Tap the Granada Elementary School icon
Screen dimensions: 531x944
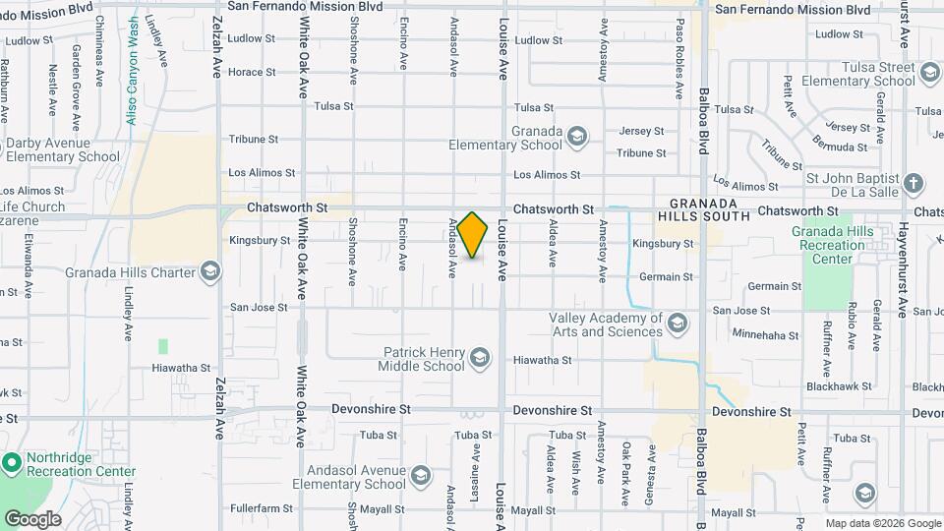tap(577, 136)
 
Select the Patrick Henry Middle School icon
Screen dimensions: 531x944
tap(479, 356)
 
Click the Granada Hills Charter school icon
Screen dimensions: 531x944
tap(209, 271)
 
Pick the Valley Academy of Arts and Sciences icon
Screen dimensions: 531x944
tap(677, 323)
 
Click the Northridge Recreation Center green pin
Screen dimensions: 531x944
tap(12, 462)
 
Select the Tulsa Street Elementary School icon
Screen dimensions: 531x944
tap(929, 73)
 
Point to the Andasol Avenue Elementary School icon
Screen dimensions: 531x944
tap(420, 477)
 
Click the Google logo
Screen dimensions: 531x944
tap(31, 518)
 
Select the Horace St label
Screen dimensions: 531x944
tap(252, 72)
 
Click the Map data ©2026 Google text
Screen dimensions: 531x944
tap(882, 523)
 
